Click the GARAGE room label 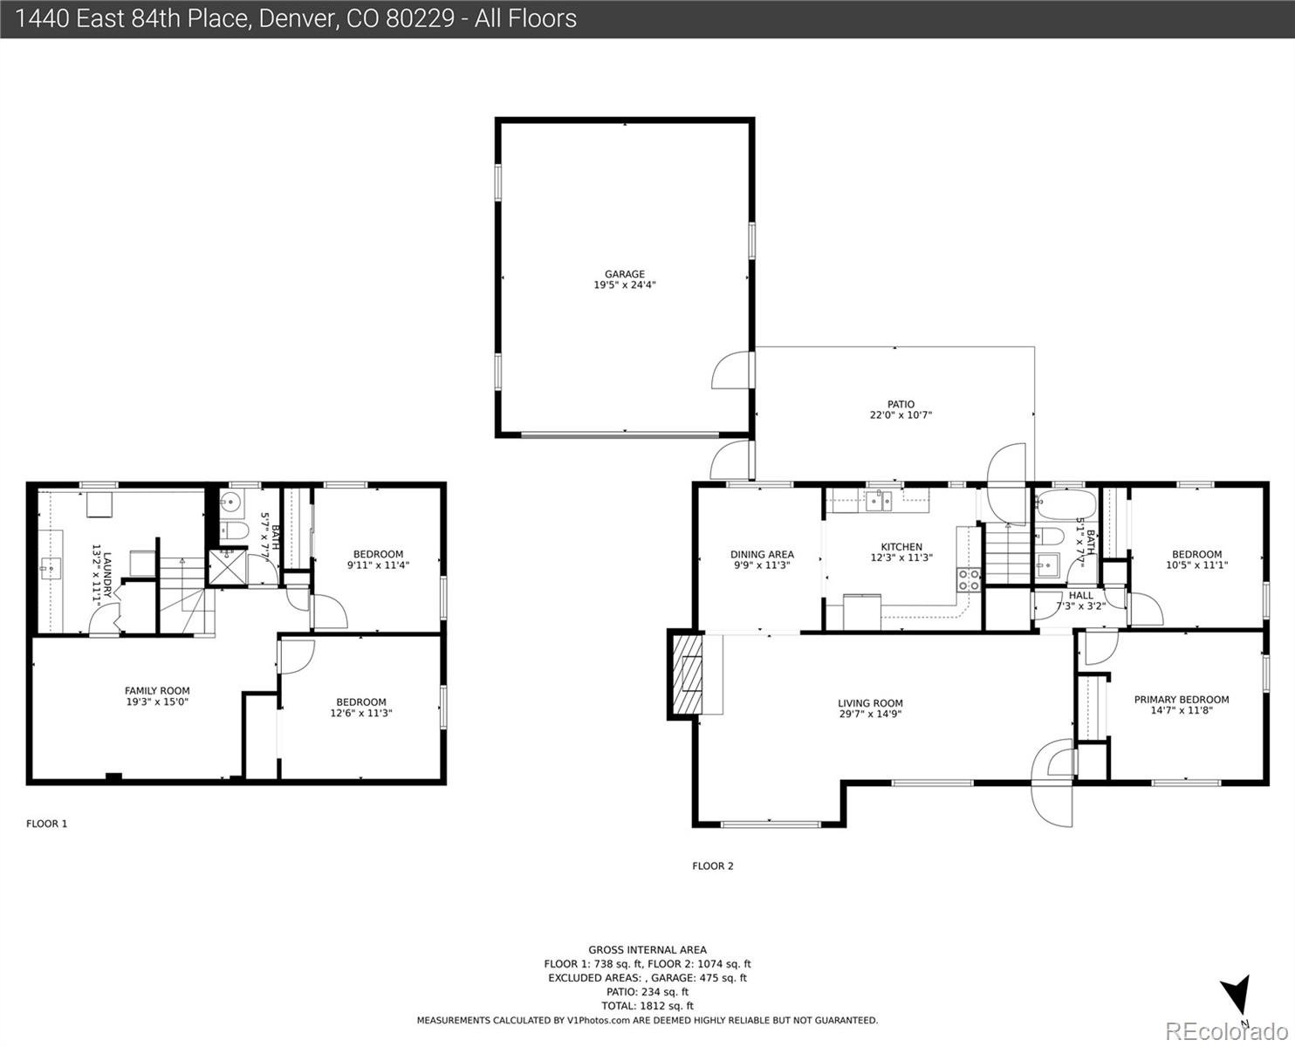(625, 274)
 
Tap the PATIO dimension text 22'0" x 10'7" (901, 415)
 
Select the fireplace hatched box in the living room (687, 674)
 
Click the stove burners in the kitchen (969, 580)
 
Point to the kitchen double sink (879, 502)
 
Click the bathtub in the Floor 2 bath (1065, 504)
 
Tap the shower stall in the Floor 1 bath (228, 567)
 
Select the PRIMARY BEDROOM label (1182, 700)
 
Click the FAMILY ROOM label (157, 691)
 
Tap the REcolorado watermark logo (1226, 1030)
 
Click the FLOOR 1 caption (47, 824)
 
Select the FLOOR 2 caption (713, 866)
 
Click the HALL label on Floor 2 (1080, 596)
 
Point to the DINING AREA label (762, 554)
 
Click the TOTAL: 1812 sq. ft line (647, 1006)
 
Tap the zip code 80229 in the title (420, 19)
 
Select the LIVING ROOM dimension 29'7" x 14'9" (869, 714)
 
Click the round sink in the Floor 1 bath (231, 503)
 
